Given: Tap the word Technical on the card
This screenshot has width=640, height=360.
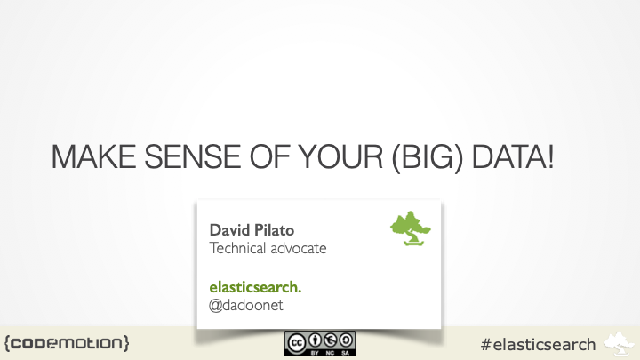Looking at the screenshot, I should (240, 248).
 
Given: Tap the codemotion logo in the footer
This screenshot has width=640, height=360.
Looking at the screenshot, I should (67, 342).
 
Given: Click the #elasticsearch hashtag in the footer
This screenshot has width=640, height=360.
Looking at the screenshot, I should (537, 343).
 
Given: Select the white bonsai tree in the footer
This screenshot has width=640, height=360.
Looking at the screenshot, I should (620, 342).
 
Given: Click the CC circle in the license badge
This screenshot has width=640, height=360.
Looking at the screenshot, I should (297, 341).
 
